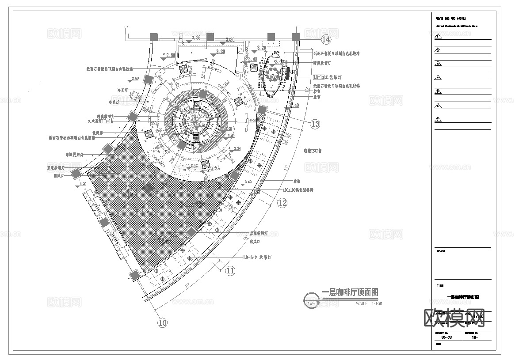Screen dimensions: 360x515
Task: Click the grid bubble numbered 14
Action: coord(326,40)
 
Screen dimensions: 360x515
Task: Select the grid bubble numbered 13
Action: coord(315,124)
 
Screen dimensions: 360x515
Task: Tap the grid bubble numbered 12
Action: coord(282,203)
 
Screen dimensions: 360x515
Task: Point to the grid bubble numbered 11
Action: coord(230,271)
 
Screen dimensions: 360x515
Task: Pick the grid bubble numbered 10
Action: coord(163,323)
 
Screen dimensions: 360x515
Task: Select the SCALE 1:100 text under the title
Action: coord(369,304)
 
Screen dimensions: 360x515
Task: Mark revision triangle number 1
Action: coord(438,37)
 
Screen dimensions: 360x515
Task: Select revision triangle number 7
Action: coord(438,119)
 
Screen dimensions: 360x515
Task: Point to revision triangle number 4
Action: coord(438,78)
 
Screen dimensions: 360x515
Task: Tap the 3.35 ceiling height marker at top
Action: coord(195,38)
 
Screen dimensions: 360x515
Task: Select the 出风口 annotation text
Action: coord(255,242)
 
